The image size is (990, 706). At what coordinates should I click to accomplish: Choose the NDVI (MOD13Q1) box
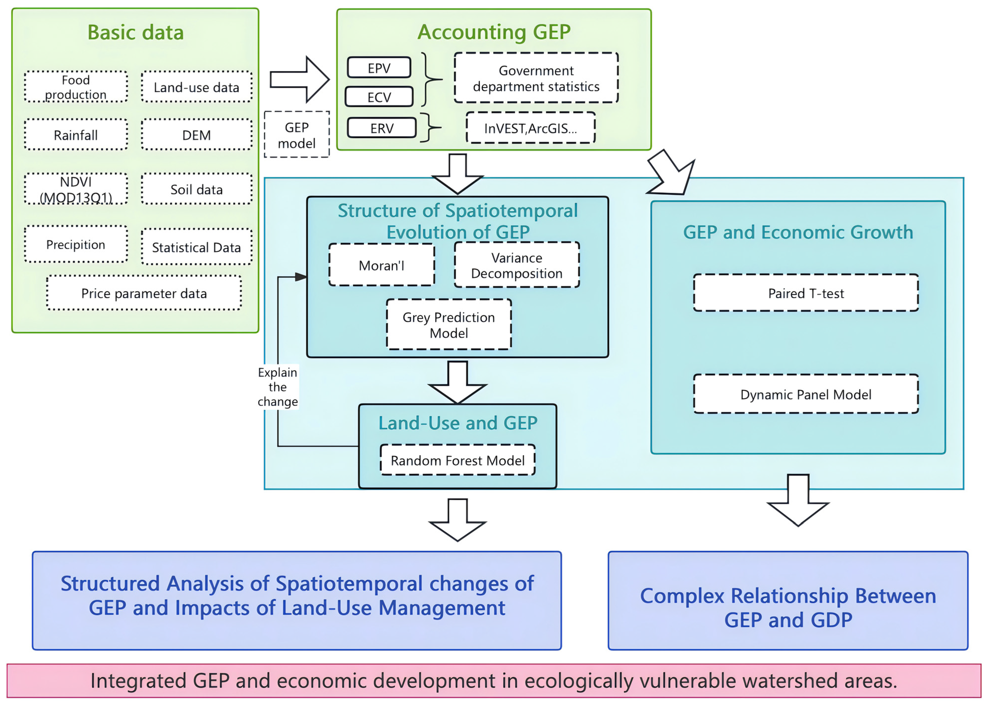pos(76,189)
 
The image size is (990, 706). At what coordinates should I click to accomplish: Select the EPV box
pos(379,68)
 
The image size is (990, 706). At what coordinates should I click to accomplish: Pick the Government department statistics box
pos(536,78)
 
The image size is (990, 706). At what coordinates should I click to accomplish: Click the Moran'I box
pos(381,265)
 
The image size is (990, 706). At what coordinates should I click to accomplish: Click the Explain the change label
pos(277,387)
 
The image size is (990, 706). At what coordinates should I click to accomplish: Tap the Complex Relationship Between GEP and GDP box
pos(787,607)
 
